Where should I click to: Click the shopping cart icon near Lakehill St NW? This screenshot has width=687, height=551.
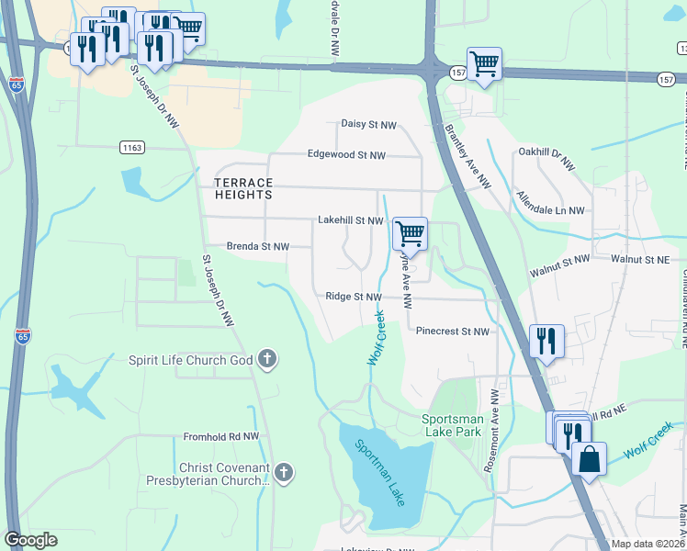[410, 233]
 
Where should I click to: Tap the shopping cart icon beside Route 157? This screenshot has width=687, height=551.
[484, 64]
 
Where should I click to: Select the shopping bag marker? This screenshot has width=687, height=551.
[589, 457]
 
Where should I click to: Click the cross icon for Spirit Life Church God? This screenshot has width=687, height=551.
[266, 359]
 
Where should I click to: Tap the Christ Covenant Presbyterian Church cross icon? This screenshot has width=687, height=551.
[284, 474]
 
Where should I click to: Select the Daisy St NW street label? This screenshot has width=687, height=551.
[368, 124]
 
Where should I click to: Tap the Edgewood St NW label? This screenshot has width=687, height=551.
[346, 155]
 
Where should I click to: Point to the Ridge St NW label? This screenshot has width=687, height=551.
[353, 297]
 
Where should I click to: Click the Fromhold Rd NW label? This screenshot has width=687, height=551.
[221, 437]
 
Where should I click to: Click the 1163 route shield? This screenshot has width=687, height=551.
[131, 147]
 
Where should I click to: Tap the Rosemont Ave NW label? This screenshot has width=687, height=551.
[494, 430]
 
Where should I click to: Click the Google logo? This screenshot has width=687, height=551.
[30, 540]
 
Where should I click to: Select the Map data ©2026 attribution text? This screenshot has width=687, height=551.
[648, 544]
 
